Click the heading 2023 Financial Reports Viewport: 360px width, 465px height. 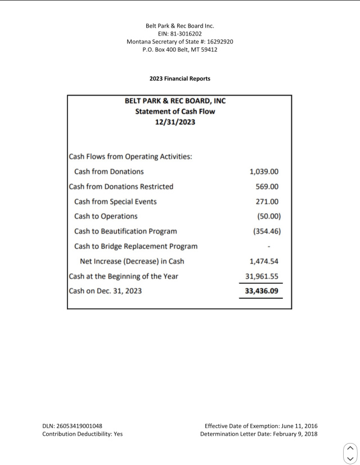coord(180,79)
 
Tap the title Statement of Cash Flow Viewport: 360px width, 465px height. coord(175,111)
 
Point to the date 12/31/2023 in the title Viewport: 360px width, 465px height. coord(175,122)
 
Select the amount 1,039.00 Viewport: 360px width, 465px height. coord(264,172)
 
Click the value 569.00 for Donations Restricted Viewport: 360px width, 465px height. coord(267,186)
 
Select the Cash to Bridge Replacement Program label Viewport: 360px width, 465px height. coord(136,246)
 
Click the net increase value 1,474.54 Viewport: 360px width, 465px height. coord(264,261)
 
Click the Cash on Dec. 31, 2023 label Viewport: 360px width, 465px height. coord(105,291)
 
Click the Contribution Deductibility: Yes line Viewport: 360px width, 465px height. coord(82,434)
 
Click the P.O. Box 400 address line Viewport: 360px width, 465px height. coord(180,50)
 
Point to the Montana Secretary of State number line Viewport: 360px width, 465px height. coord(180,42)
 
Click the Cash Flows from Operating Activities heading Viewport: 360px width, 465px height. coord(130,157)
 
